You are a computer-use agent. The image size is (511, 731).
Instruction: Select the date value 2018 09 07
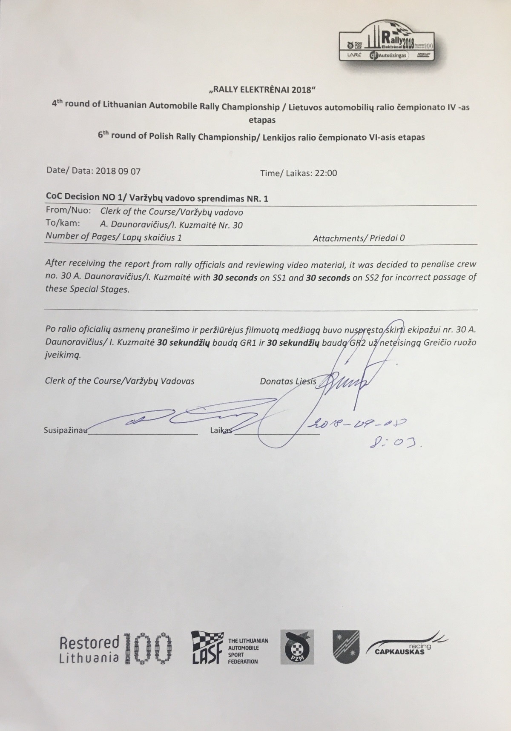118,171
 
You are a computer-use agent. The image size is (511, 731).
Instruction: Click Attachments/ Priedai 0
359,238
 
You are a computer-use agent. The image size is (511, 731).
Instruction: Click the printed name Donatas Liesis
288,381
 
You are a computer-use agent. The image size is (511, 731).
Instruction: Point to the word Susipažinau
66,430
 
